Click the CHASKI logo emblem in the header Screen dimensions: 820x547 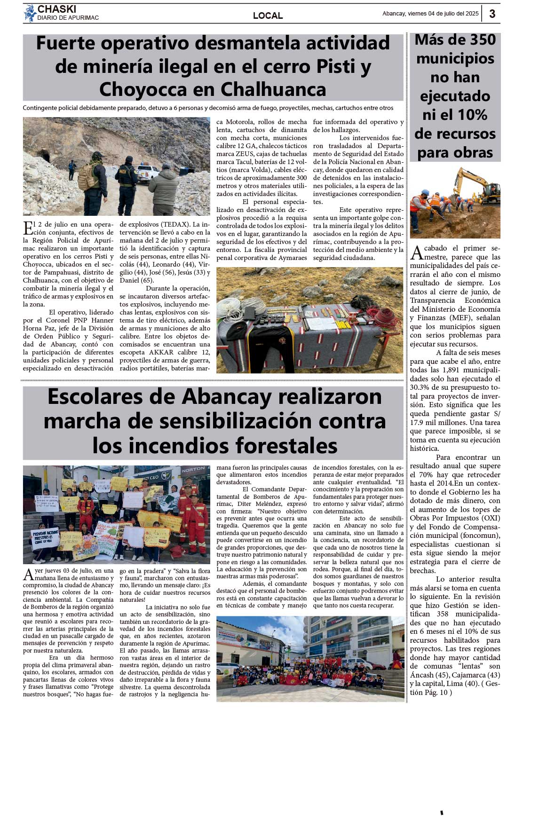(30, 13)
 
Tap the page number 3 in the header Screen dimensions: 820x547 (492, 14)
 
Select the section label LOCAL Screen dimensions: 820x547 (268, 16)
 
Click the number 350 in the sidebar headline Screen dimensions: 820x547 (476, 40)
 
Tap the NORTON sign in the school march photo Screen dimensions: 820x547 (193, 470)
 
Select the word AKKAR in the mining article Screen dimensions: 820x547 (162, 352)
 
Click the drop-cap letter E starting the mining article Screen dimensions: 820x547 (28, 228)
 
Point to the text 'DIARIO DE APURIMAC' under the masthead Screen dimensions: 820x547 (68, 18)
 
